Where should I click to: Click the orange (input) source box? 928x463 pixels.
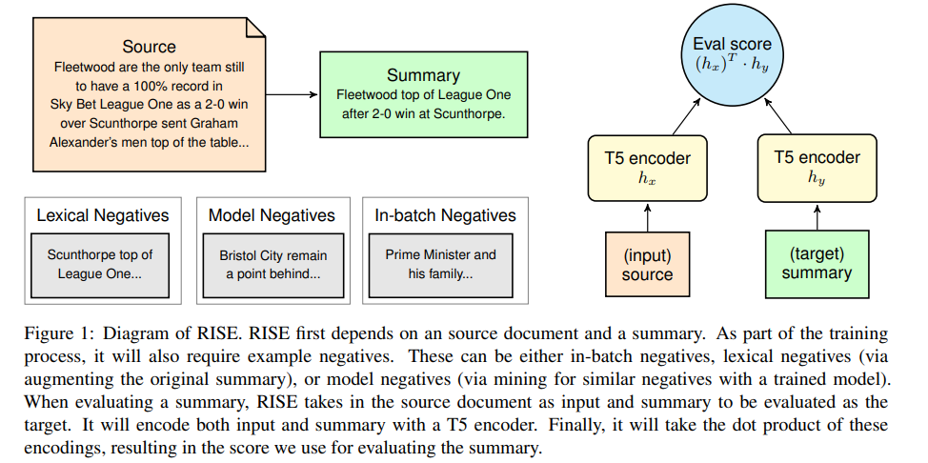point(648,264)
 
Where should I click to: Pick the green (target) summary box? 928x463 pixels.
point(817,263)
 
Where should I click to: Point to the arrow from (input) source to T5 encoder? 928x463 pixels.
point(647,216)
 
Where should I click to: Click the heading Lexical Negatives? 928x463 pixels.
point(102,215)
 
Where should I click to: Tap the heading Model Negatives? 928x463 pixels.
point(272,215)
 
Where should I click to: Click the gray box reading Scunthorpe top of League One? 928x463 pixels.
point(101,264)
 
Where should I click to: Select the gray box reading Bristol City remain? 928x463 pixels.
point(272,264)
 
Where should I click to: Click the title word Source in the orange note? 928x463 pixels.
point(149,46)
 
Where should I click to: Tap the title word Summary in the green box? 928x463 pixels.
point(423,74)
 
